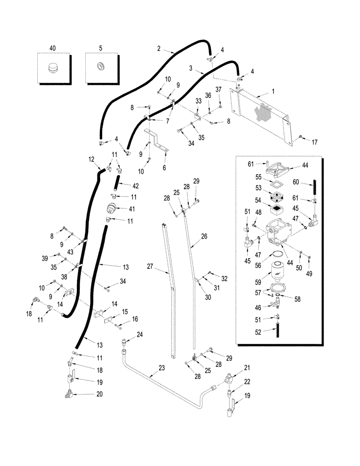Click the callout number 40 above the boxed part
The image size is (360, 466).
(52, 48)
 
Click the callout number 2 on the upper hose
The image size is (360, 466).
(159, 48)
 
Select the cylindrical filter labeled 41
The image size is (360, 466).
(112, 208)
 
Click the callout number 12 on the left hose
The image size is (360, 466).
(91, 159)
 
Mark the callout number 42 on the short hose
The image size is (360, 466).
(136, 185)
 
